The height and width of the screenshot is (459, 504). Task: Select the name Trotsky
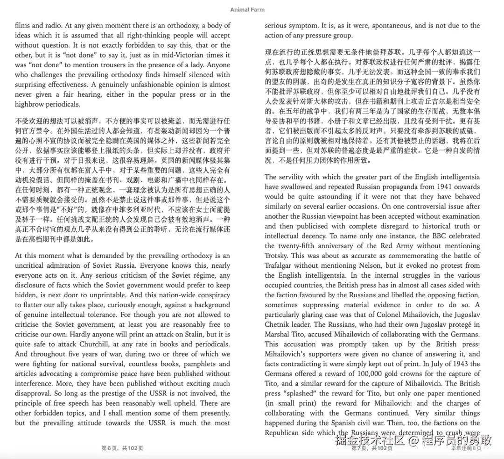coord(277,256)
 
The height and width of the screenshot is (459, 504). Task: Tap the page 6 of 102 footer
coord(122,448)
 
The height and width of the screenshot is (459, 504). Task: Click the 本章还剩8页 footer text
coord(466,448)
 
